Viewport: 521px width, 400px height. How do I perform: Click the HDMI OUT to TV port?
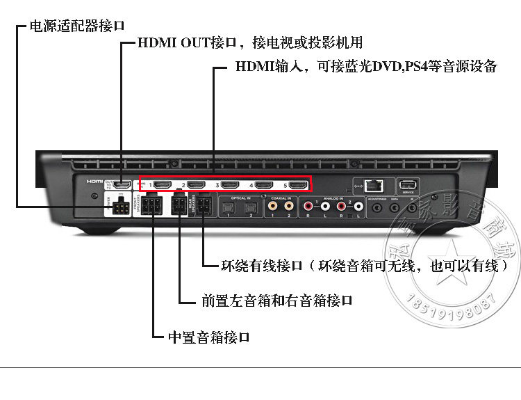(122, 185)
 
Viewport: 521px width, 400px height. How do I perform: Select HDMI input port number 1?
(163, 185)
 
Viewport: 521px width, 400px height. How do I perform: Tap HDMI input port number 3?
(230, 185)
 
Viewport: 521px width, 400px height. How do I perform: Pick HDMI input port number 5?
(297, 185)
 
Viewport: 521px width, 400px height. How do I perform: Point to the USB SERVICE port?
(407, 185)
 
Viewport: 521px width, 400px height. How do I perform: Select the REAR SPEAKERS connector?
(203, 207)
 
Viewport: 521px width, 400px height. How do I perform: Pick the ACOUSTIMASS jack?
(379, 207)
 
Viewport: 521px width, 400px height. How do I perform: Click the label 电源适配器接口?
(77, 26)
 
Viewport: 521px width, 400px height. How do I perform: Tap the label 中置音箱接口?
(208, 337)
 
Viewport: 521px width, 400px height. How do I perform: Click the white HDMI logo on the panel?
(94, 181)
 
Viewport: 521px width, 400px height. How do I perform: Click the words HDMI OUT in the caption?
(169, 43)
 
